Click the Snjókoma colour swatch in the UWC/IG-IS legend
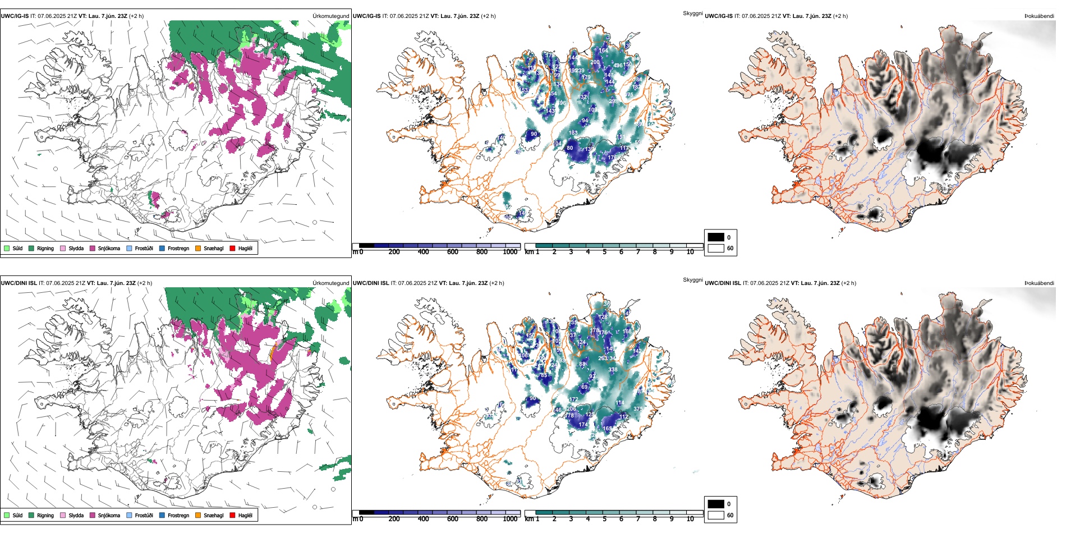pyautogui.click(x=93, y=248)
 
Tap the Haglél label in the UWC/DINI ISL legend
pyautogui.click(x=245, y=515)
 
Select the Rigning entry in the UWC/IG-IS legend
pyautogui.click(x=45, y=248)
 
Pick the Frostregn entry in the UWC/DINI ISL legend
pyautogui.click(x=178, y=515)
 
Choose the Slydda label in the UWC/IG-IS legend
pyautogui.click(x=76, y=248)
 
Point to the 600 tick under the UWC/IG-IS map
pyautogui.click(x=453, y=252)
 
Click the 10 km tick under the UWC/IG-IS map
pyautogui.click(x=690, y=252)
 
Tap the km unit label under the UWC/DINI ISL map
pyautogui.click(x=529, y=519)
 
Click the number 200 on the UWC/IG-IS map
pyautogui.click(x=595, y=62)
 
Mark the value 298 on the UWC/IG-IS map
pyautogui.click(x=613, y=102)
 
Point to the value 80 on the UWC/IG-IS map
pyautogui.click(x=569, y=148)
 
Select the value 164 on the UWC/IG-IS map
pyautogui.click(x=603, y=50)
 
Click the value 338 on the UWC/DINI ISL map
pyautogui.click(x=613, y=369)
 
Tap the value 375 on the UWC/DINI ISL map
pyautogui.click(x=638, y=409)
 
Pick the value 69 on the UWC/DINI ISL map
pyautogui.click(x=584, y=387)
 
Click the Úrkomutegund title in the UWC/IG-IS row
pyautogui.click(x=330, y=16)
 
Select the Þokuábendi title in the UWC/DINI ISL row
pyautogui.click(x=1039, y=283)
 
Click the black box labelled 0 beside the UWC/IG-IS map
pyautogui.click(x=716, y=237)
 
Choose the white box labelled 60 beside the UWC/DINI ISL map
pyautogui.click(x=716, y=515)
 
